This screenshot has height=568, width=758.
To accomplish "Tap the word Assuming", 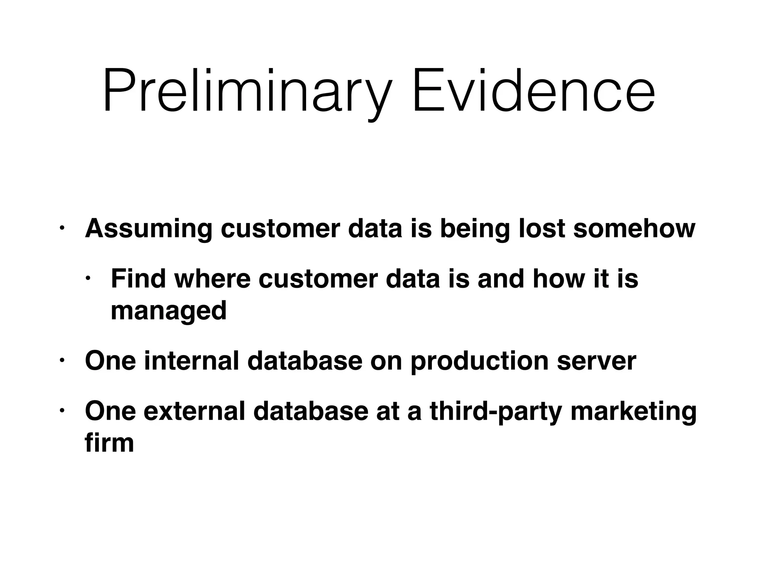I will point(148,229).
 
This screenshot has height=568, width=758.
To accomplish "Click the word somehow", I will point(634,228).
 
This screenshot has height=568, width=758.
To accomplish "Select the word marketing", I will point(634,412).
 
